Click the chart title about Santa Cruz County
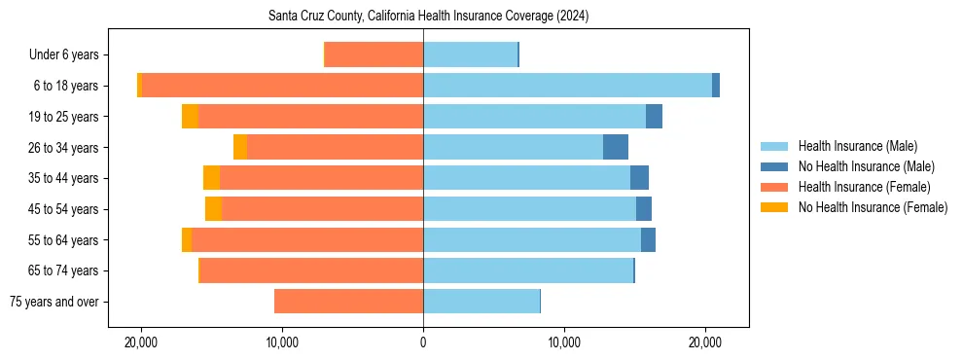tap(428, 17)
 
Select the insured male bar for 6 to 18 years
tap(567, 86)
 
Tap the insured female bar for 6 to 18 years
tap(282, 86)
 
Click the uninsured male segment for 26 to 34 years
tap(616, 147)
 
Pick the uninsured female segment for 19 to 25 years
tap(190, 117)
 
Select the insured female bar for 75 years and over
tap(348, 302)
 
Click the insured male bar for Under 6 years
tap(470, 54)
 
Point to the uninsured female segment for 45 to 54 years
tap(213, 209)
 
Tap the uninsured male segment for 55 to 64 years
tap(648, 240)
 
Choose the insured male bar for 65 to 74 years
tap(528, 270)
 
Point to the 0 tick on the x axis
tap(423, 342)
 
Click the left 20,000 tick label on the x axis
tap(141, 342)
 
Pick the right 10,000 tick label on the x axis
tap(564, 342)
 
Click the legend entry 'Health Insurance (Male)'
tap(857, 146)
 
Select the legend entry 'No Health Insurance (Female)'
tap(873, 207)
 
